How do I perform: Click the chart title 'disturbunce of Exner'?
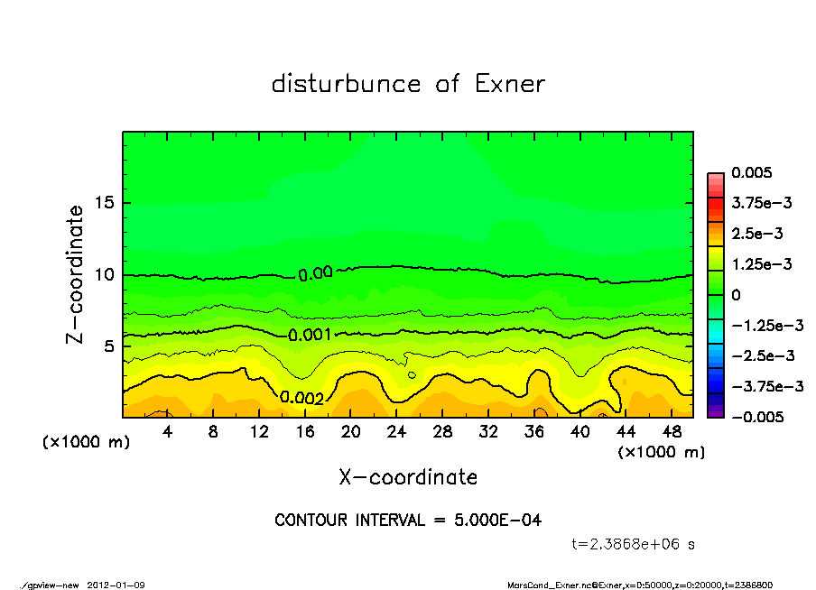(x=408, y=84)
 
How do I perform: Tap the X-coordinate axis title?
(x=408, y=476)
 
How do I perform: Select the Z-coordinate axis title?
(x=75, y=273)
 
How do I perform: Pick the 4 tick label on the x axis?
(x=168, y=431)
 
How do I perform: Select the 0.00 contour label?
(x=316, y=273)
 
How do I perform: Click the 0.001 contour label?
(x=311, y=335)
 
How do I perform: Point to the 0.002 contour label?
(x=301, y=397)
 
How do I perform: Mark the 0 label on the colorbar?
(x=737, y=295)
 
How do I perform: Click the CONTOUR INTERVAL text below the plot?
(x=408, y=521)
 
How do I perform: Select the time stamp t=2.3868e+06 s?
(x=633, y=544)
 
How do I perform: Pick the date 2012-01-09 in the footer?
(x=116, y=585)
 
